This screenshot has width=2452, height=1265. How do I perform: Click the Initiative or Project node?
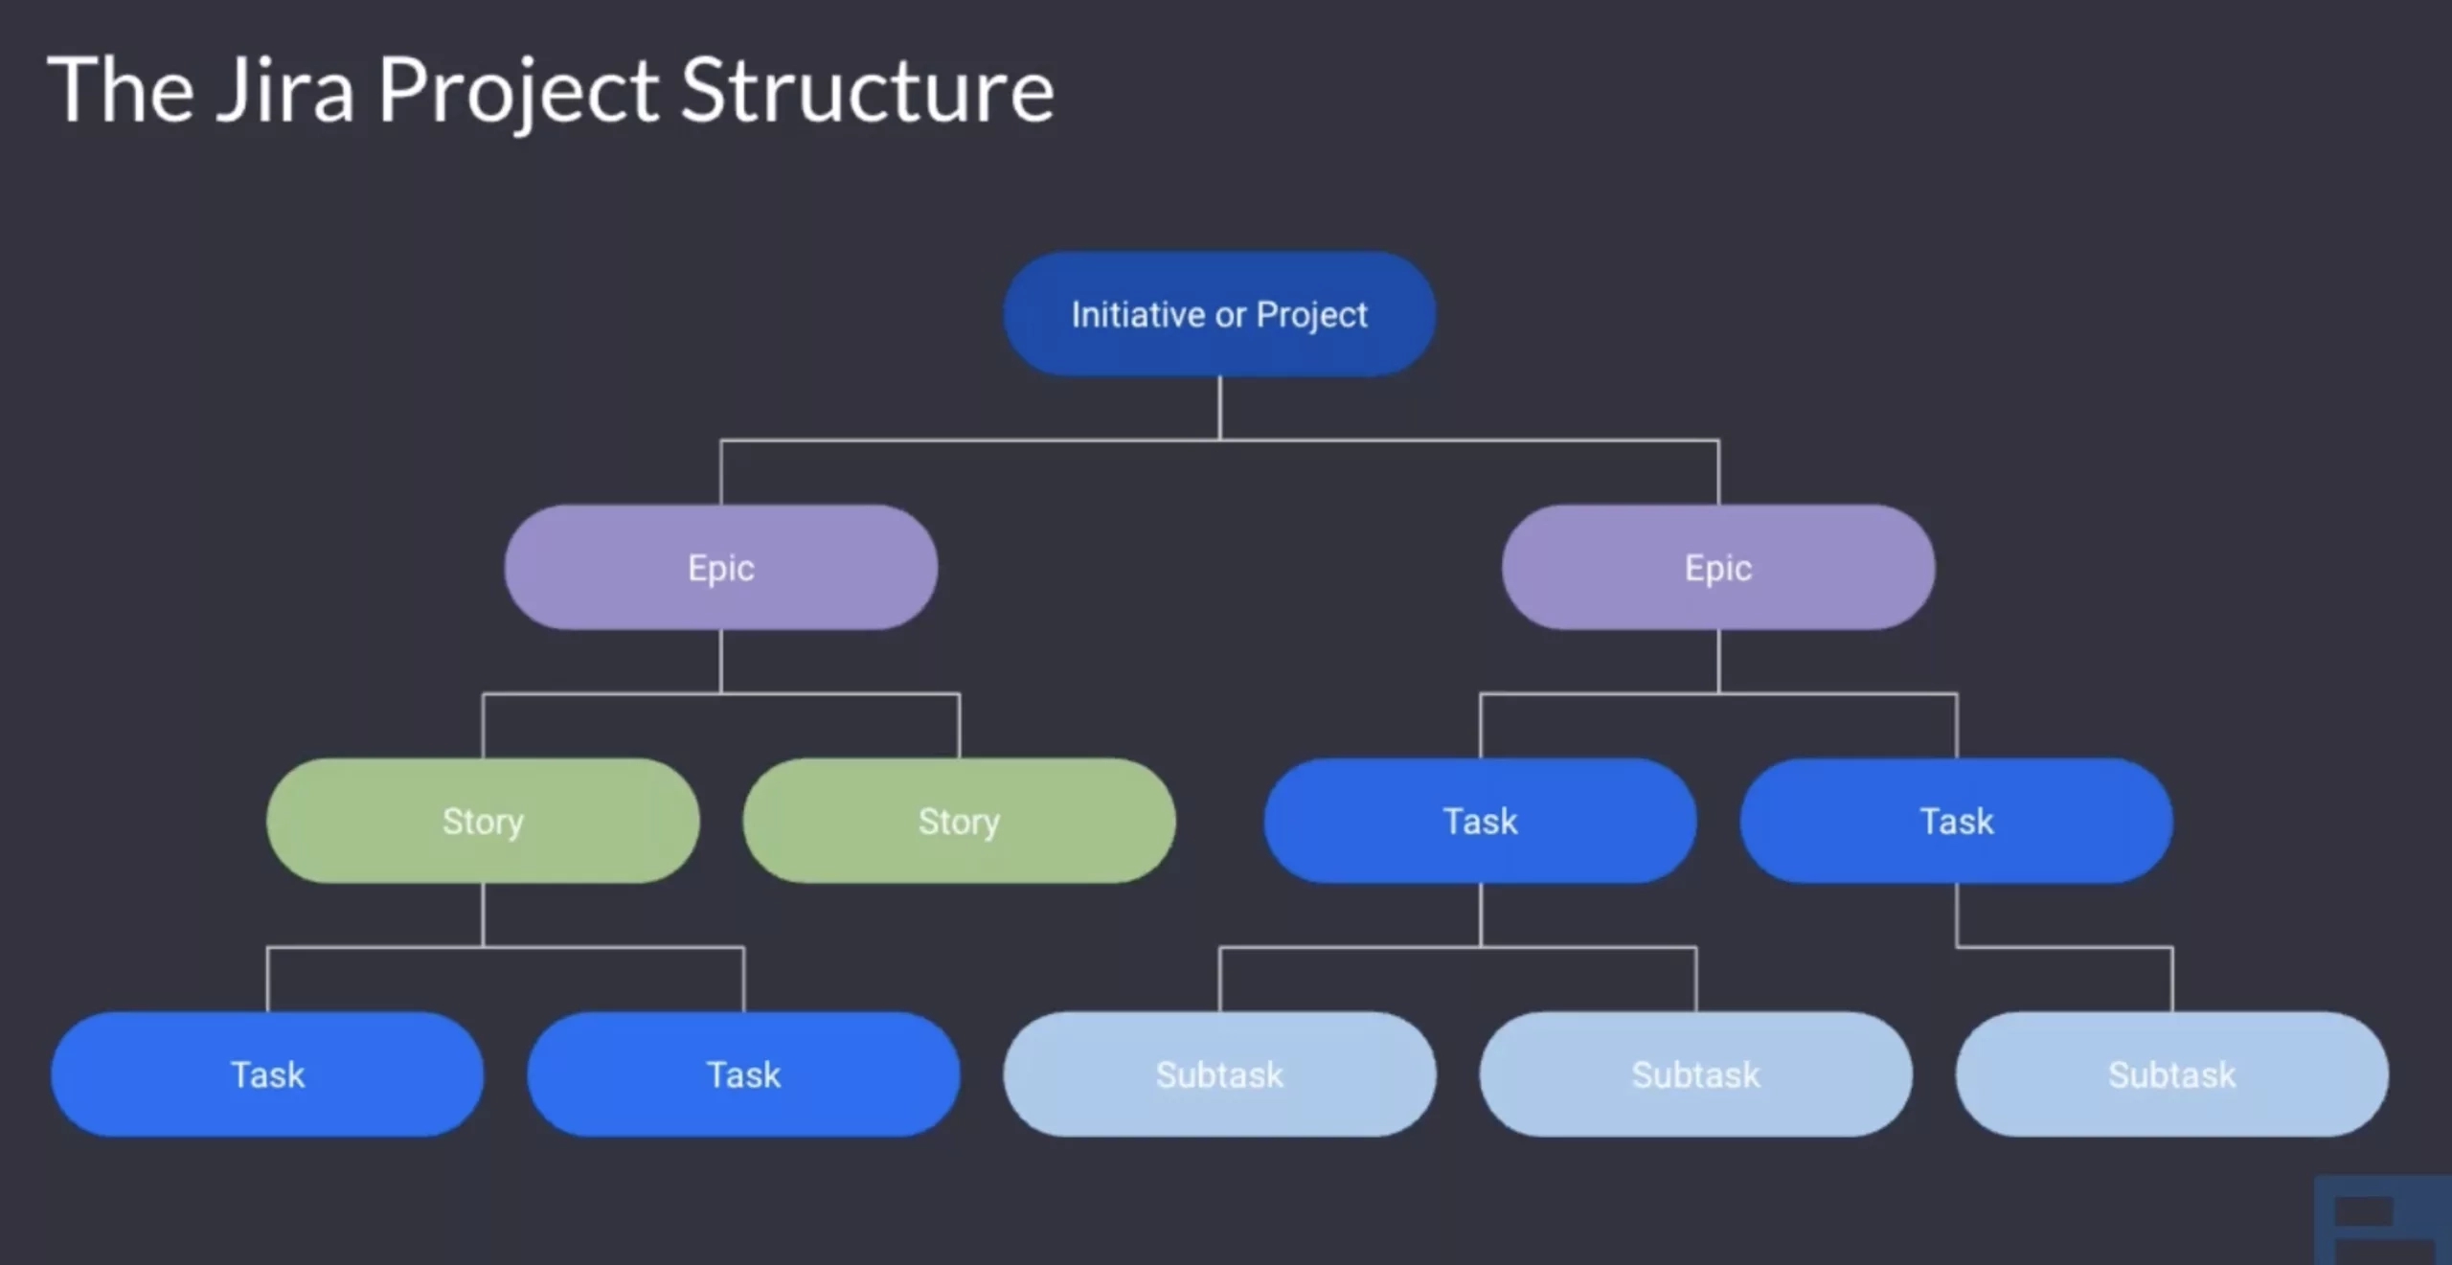[1218, 314]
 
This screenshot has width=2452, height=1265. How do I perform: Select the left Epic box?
[720, 568]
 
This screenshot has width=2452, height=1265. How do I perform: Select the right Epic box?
[1717, 568]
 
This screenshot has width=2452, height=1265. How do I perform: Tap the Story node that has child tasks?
[483, 821]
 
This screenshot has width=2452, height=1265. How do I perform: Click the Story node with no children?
[959, 821]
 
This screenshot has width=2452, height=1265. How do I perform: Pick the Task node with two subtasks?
[1480, 821]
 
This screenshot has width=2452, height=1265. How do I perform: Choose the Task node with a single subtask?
[1956, 821]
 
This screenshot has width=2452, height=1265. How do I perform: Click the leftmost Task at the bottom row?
[267, 1074]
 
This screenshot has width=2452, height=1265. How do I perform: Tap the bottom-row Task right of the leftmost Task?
[743, 1074]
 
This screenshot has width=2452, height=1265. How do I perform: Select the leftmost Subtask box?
[1218, 1074]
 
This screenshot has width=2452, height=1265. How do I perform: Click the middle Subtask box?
[1695, 1074]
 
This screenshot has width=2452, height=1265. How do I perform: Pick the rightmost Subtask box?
[2171, 1074]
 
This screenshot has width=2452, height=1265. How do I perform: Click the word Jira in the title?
[285, 91]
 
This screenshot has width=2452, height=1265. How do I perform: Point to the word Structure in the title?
[867, 91]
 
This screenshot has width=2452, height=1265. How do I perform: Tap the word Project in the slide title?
[518, 91]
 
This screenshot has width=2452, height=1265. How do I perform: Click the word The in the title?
[121, 91]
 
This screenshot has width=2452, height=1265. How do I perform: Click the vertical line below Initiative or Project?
[1219, 407]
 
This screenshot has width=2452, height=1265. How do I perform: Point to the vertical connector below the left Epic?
[720, 661]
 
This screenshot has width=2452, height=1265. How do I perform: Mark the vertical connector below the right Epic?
[1718, 661]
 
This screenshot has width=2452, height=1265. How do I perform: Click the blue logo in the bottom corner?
[2383, 1221]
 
